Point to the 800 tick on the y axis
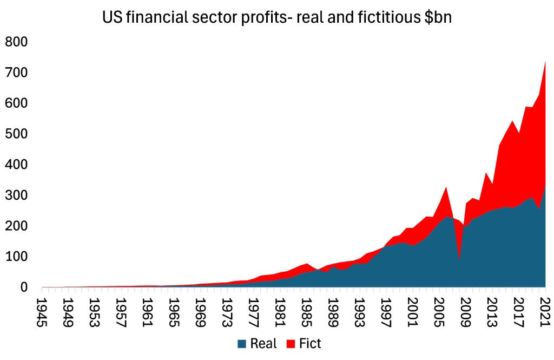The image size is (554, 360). pyautogui.click(x=17, y=42)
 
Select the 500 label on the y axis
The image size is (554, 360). pyautogui.click(x=17, y=134)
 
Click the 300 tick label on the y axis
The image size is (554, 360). pyautogui.click(x=17, y=195)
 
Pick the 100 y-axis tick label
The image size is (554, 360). pyautogui.click(x=17, y=256)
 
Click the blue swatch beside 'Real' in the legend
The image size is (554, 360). pyautogui.click(x=242, y=343)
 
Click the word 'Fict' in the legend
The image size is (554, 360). pyautogui.click(x=310, y=343)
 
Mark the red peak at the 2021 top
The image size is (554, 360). pyautogui.click(x=545, y=62)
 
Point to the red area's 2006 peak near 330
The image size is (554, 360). pyautogui.click(x=446, y=187)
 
